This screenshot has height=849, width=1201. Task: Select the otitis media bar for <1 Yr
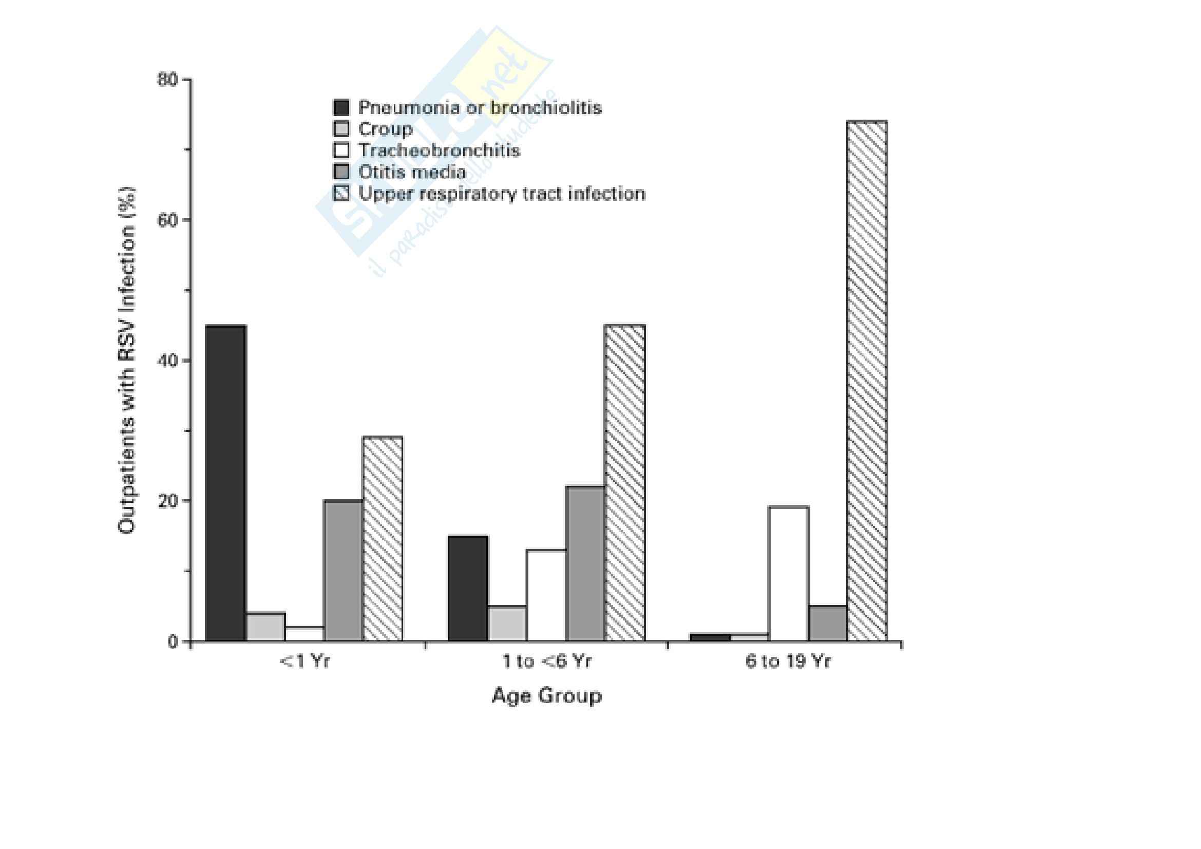[343, 570]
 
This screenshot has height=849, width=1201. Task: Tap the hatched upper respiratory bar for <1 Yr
[383, 539]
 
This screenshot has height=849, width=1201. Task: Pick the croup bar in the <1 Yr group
[265, 627]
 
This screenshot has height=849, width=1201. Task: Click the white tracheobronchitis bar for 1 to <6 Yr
[546, 595]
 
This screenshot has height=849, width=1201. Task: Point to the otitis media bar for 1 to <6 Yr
[585, 563]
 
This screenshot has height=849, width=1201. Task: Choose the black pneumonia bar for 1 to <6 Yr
[468, 588]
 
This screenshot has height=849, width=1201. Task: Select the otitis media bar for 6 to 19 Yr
[828, 624]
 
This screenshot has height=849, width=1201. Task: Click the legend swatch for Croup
[341, 129]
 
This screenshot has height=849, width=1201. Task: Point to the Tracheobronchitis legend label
[439, 150]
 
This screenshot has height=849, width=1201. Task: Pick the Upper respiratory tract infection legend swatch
[341, 194]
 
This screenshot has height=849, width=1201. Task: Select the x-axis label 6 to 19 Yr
[788, 662]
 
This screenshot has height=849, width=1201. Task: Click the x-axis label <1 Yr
[305, 662]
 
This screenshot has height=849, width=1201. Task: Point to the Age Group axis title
[547, 696]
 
